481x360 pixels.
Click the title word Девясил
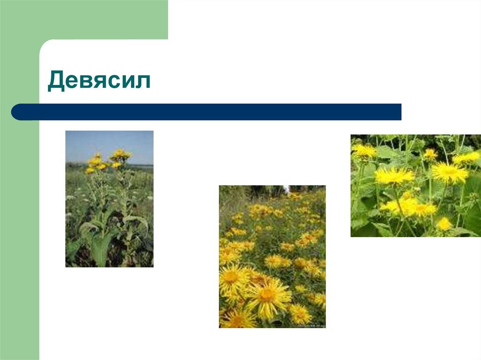pos(99,81)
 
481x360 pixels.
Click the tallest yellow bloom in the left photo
pos(121,154)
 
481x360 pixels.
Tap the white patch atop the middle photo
pos(286,190)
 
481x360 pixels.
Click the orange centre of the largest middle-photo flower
pos(267,295)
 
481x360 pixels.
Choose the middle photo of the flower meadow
pos(272,256)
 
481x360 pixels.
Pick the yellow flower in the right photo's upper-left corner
pos(364,150)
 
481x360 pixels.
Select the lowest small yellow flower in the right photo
pos(444,224)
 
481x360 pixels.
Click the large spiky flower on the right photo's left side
pos(394,176)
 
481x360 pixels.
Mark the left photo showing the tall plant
pos(109,199)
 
